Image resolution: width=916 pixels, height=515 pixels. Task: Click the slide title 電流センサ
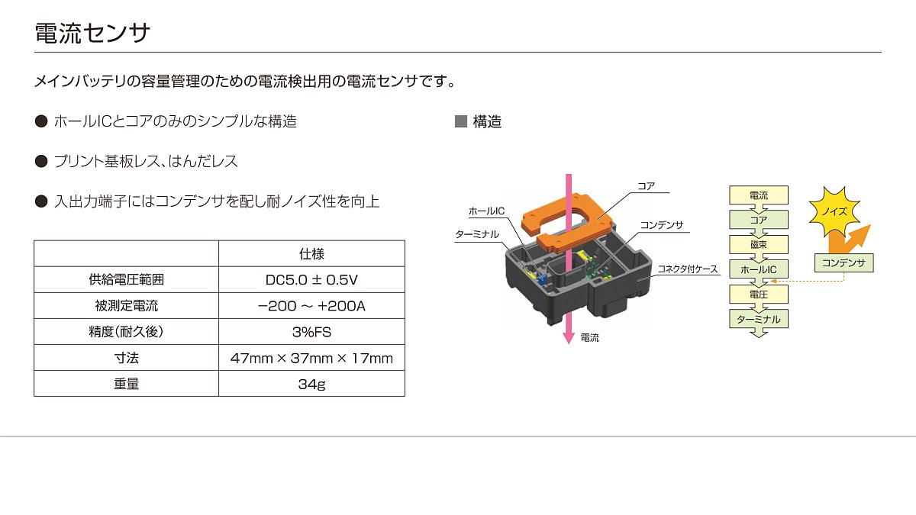92,33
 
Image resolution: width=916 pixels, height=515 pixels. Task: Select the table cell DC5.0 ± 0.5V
311,279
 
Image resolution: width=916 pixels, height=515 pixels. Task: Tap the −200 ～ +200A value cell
311,306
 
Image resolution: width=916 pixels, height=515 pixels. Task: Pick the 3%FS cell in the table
311,331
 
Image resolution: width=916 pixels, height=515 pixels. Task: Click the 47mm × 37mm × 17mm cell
311,358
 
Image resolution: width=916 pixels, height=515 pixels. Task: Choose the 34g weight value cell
311,384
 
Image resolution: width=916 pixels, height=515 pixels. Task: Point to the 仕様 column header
311,254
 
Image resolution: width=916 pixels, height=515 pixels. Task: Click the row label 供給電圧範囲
127,279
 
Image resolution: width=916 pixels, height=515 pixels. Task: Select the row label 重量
127,384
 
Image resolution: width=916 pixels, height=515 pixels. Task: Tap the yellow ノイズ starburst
834,212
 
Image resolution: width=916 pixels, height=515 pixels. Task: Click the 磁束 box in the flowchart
759,244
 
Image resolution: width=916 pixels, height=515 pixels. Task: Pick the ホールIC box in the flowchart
759,269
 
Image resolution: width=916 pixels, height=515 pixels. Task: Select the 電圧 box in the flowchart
759,295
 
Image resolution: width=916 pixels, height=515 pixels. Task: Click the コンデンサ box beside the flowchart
843,262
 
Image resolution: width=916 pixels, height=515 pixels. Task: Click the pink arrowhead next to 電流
569,338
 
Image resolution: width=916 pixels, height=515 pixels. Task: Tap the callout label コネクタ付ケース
688,269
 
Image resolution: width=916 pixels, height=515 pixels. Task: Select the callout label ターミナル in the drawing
477,235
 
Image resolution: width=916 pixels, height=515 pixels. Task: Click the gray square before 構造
461,121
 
